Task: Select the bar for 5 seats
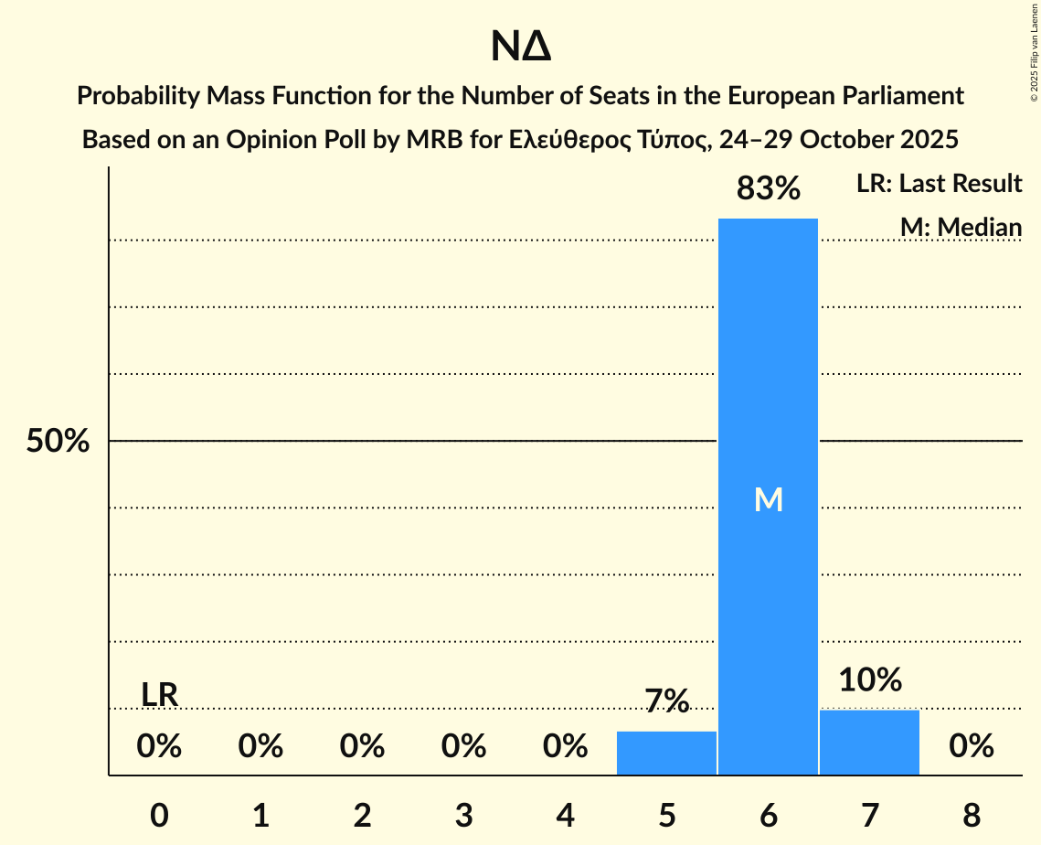(x=666, y=753)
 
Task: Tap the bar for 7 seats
(x=869, y=742)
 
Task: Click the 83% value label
(x=769, y=188)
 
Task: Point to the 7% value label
(x=666, y=701)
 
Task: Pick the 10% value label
(x=870, y=679)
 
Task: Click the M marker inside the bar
(x=769, y=499)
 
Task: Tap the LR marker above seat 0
(x=159, y=695)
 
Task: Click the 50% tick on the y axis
(x=58, y=442)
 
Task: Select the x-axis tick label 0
(x=159, y=815)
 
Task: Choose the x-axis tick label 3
(x=463, y=815)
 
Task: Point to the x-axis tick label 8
(x=971, y=815)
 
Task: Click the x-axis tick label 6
(x=768, y=815)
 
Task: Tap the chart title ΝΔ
(x=520, y=48)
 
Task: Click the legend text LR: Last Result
(x=939, y=184)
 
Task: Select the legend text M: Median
(x=960, y=227)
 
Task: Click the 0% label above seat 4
(x=565, y=746)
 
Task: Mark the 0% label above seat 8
(x=971, y=746)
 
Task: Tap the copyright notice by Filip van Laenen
(x=1034, y=55)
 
